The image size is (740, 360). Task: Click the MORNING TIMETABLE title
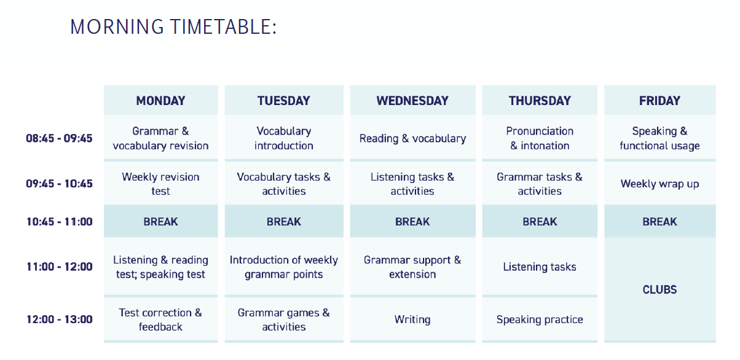point(173,27)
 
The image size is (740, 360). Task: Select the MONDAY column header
point(160,100)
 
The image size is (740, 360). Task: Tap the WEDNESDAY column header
point(412,100)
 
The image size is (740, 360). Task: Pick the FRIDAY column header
point(659,100)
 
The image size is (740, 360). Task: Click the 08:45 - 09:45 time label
point(59,138)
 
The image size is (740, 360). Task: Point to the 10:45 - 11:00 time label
point(60,221)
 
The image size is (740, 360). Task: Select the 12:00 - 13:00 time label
point(60,319)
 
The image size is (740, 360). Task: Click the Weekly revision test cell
point(160,184)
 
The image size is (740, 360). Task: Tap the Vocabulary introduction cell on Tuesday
point(284,138)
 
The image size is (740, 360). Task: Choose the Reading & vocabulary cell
point(412,138)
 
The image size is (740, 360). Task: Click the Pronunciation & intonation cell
point(540,138)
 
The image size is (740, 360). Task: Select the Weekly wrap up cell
point(659,184)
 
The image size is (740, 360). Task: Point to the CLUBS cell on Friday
point(659,289)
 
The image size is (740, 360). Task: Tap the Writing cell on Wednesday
point(412,319)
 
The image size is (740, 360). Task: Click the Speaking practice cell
point(540,319)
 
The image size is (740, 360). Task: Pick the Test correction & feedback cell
point(160,319)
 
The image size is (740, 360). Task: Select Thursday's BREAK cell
point(540,221)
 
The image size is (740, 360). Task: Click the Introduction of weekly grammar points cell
point(284,267)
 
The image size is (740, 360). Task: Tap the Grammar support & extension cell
point(412,267)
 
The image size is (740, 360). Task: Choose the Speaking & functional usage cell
point(659,138)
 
